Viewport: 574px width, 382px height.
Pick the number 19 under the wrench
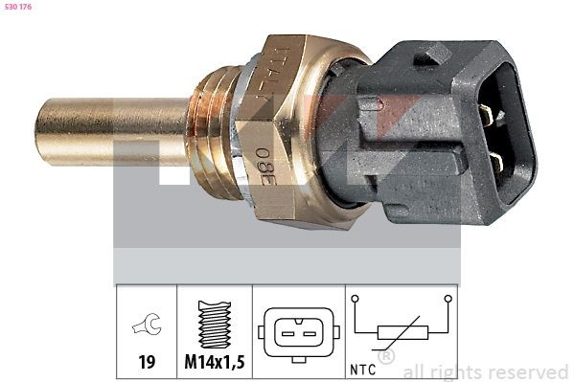click(147, 363)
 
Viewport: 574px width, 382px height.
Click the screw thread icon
click(215, 325)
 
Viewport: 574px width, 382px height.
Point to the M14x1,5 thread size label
click(215, 363)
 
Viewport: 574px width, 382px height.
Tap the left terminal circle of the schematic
click(356, 299)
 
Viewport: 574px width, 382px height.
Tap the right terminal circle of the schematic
click(447, 299)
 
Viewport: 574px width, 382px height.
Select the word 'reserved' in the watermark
click(526, 371)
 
